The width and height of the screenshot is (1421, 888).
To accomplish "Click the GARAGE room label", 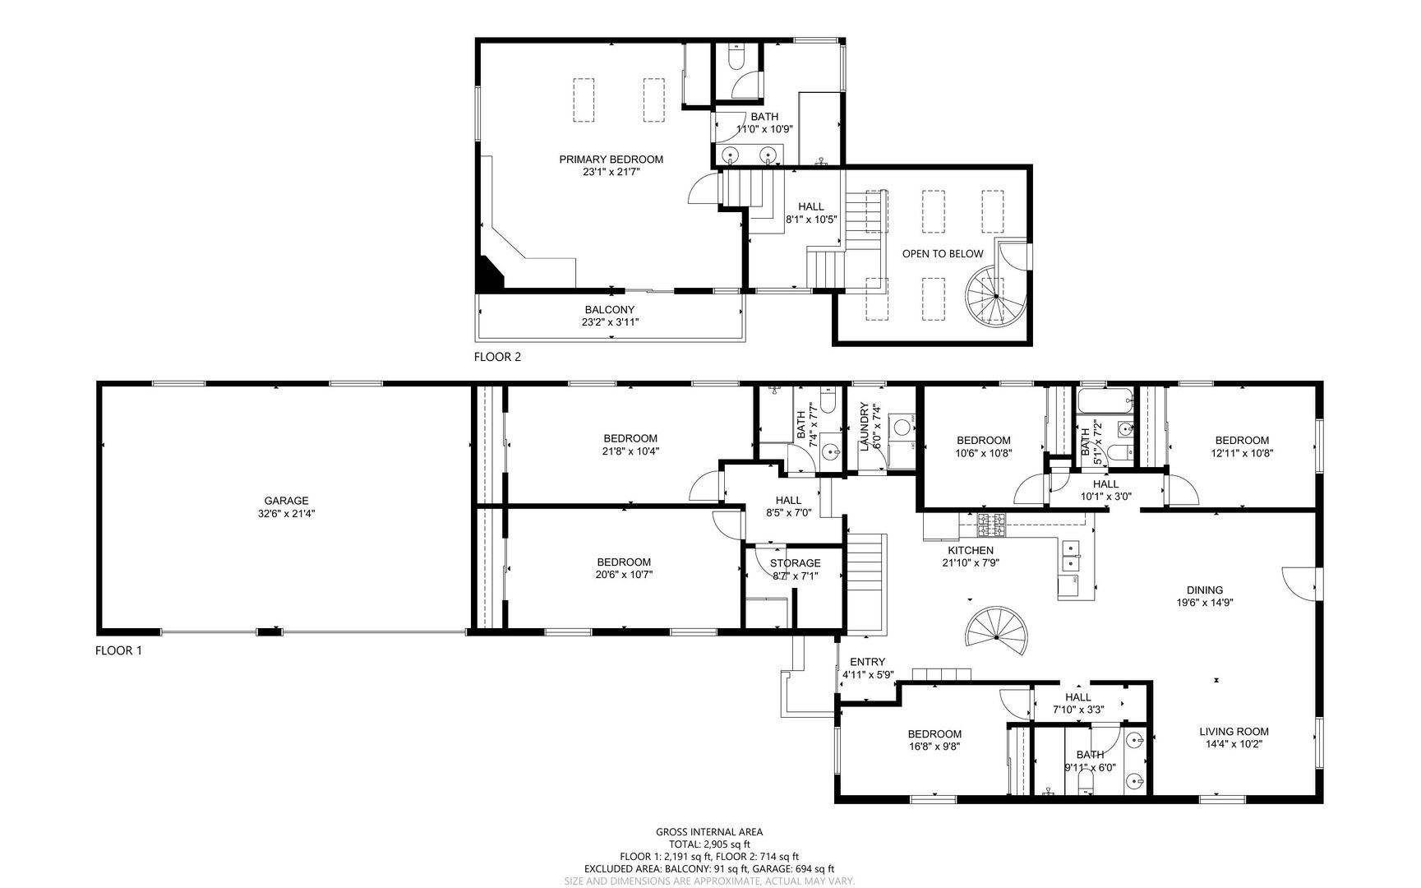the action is coord(286,501).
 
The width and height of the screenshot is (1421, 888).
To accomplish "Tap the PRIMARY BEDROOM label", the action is coord(611,160).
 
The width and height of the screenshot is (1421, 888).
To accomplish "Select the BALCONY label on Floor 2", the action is coord(610,310).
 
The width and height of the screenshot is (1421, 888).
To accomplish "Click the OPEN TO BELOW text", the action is coord(943,253).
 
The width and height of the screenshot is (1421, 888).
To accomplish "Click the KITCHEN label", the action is coord(971,550).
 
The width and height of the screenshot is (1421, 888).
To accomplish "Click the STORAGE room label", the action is coord(795,563).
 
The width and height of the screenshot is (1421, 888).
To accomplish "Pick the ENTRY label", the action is coord(868,662).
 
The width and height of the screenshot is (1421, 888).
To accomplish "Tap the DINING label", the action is coord(1205,590).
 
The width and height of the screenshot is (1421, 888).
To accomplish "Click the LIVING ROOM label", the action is coord(1234,732).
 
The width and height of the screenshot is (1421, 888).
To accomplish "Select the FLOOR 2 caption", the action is coord(497,357).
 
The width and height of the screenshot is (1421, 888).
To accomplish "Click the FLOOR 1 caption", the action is coord(118,650).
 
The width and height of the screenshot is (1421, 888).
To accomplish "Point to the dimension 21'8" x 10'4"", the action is coord(630,451).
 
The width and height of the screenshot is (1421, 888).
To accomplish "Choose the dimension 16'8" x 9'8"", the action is coord(934,747).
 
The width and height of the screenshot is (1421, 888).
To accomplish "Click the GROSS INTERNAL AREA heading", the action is coord(709,832).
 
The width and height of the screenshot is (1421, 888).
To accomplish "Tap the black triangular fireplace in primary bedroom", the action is coord(491,273).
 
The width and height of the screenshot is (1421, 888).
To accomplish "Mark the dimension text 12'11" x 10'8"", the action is coord(1242,452).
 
